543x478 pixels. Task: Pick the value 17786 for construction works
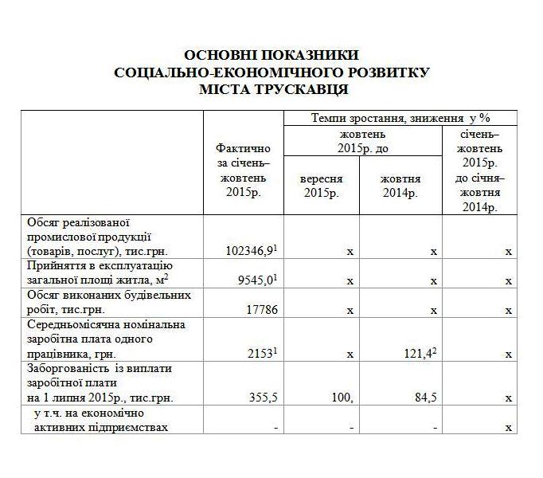pyautogui.click(x=260, y=309)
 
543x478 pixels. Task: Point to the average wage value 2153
pyautogui.click(x=259, y=353)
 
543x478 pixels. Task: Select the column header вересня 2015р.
pyautogui.click(x=322, y=186)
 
